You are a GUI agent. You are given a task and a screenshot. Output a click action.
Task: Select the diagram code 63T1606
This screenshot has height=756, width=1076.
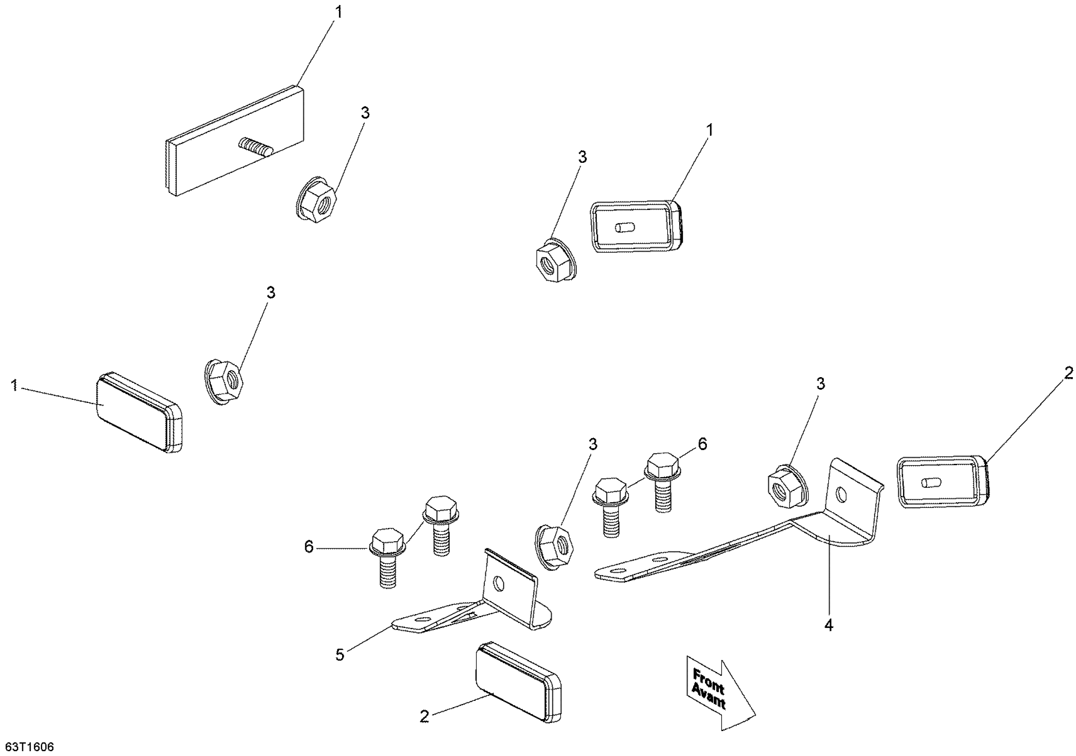tap(28, 746)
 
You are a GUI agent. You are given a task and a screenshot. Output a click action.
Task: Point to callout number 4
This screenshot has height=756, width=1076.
tap(829, 625)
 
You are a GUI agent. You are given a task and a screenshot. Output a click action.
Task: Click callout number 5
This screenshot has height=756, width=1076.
tap(340, 655)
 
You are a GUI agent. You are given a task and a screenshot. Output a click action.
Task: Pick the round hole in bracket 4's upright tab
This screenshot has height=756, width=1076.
tap(841, 495)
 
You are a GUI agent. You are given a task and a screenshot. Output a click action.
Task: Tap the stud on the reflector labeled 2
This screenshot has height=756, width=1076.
tap(930, 483)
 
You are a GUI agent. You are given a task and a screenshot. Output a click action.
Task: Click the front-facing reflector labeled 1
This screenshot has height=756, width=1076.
tap(139, 399)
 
